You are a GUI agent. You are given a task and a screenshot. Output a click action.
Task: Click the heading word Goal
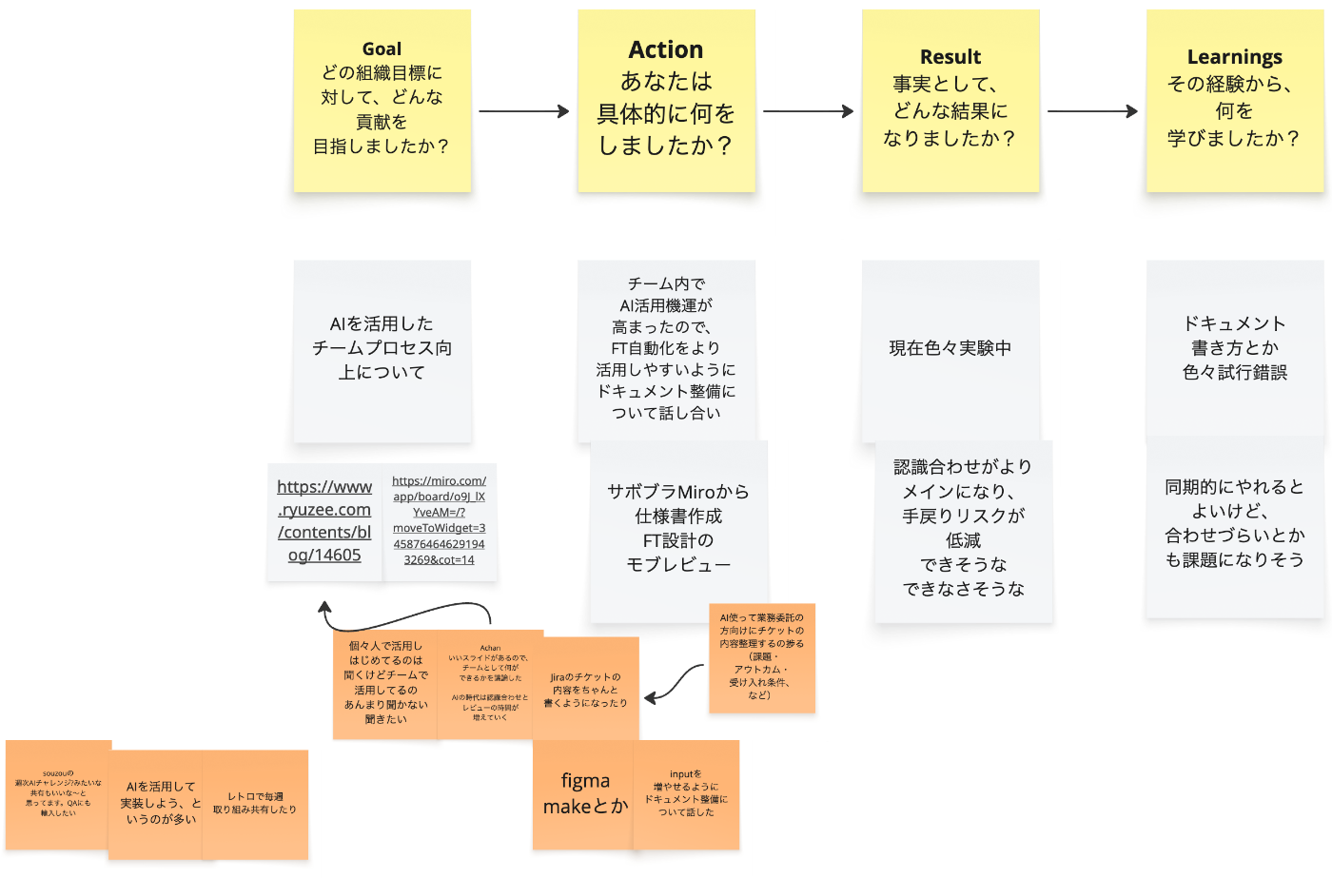pos(382,49)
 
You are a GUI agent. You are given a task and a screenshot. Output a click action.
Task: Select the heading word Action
pos(666,49)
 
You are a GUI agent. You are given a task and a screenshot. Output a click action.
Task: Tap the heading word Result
pos(950,57)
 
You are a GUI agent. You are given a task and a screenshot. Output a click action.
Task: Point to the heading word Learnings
pos(1234,57)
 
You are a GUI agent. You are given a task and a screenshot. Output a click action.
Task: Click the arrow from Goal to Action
pos(523,111)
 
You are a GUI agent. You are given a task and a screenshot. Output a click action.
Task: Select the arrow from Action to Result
pos(808,111)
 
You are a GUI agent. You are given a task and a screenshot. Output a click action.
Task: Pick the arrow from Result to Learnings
pos(1092,111)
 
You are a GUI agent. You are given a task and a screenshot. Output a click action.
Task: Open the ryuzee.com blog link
pos(324,521)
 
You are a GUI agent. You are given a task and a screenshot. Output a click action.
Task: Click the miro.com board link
pos(440,520)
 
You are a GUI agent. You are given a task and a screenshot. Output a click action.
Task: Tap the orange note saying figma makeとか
pos(585,794)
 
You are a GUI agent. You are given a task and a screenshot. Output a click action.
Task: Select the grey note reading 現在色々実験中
pos(950,348)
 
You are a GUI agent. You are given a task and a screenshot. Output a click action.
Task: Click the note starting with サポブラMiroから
pos(678,528)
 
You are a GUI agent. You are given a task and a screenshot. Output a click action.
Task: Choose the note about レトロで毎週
pos(255,804)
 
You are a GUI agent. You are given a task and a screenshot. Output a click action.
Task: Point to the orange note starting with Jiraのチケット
pos(585,690)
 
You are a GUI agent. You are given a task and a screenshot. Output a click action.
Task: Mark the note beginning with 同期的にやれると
pos(1234,523)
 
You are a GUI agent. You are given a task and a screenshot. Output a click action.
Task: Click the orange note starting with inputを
pos(686,793)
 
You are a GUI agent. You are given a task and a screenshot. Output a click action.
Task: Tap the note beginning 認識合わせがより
pos(963,528)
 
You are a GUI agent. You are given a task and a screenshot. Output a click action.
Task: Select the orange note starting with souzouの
pos(58,793)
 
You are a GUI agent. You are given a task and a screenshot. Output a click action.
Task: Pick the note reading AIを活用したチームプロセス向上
pos(382,348)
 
